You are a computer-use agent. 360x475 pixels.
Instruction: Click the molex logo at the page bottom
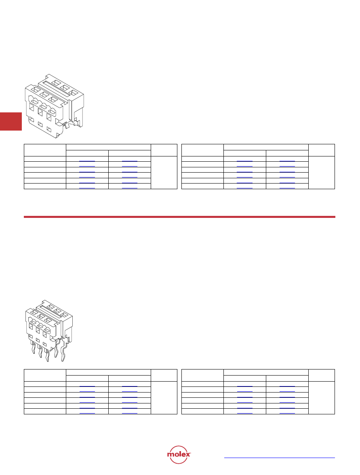click(179, 454)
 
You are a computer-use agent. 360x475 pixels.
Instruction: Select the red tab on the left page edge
click(11, 121)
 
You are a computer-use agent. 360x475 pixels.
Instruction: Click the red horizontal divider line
click(179, 217)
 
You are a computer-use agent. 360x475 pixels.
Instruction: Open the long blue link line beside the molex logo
click(280, 458)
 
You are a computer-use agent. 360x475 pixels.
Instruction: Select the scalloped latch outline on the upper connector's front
click(42, 105)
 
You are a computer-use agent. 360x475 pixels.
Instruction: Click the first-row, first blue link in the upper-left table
click(87, 160)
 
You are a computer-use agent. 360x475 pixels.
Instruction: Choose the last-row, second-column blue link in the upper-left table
click(130, 188)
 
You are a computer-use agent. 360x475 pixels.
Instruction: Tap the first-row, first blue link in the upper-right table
click(244, 160)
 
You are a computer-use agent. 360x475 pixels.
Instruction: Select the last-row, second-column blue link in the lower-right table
click(287, 413)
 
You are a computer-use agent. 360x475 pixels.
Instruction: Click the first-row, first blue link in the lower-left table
click(87, 386)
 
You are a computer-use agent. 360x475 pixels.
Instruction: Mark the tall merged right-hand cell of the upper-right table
click(322, 173)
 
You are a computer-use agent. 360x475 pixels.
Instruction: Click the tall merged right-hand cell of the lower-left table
click(164, 398)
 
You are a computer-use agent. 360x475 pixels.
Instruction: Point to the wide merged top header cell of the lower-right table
click(266, 372)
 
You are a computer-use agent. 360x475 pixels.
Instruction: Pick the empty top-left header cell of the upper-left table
click(45, 150)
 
